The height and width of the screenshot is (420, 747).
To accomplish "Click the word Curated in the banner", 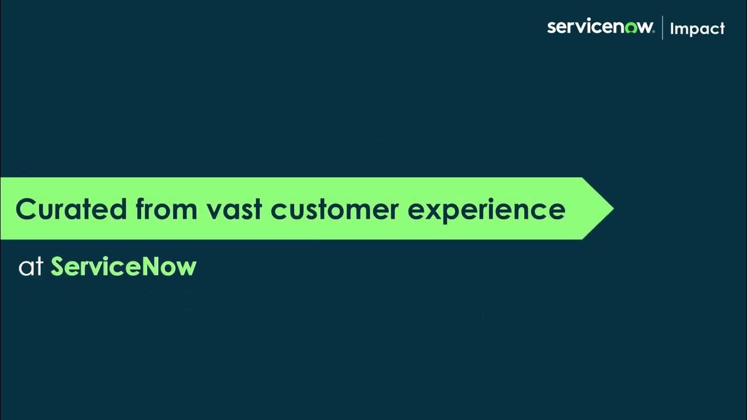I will coord(71,209).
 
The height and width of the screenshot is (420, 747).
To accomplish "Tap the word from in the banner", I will coord(166,209).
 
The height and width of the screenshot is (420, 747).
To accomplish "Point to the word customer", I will coord(334,209).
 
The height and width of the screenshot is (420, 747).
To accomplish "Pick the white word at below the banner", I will coord(32,267).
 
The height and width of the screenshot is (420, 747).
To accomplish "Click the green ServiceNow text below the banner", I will coord(124,267).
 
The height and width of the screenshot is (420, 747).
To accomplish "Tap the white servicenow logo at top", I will coord(600,27).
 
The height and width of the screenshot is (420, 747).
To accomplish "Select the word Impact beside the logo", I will coord(697,29).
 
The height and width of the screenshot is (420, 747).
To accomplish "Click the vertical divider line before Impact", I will coord(662,28).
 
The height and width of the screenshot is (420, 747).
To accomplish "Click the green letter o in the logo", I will coord(631,28).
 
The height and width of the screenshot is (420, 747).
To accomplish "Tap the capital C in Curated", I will coord(27,209).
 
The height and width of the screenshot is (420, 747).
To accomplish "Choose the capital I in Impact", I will coord(672,28).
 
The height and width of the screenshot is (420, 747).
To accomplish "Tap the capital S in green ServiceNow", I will coord(58,267).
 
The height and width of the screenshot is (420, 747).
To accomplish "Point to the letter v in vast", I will coord(214,210).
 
